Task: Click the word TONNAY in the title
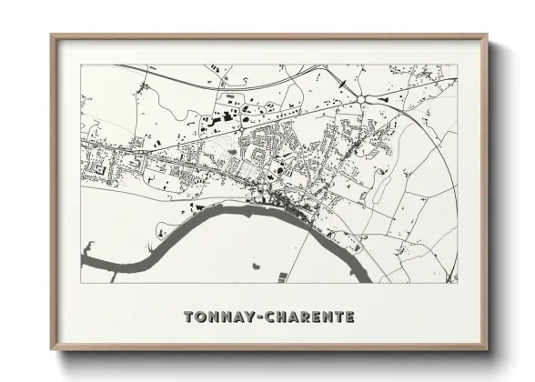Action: (217, 317)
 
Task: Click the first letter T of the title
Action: (188, 317)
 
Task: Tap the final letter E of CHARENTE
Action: (350, 317)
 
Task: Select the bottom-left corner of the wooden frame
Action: (53, 347)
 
